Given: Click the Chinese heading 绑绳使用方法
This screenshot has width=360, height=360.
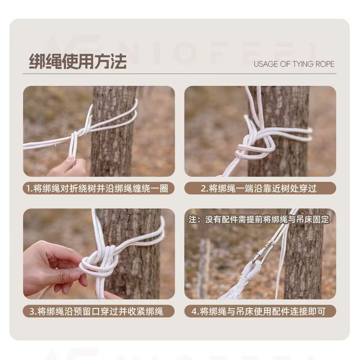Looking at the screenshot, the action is (x=78, y=62).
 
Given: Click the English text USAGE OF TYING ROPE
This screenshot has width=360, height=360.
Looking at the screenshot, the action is (x=294, y=64).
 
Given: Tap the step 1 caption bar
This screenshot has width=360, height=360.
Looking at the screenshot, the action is (x=99, y=188).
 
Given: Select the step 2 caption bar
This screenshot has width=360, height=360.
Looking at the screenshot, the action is (x=260, y=188).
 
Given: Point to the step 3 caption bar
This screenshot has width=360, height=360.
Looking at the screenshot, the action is (x=99, y=311).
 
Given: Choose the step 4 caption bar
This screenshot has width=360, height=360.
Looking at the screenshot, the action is (x=260, y=311).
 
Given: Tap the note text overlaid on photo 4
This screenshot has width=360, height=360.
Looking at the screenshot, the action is (x=259, y=219).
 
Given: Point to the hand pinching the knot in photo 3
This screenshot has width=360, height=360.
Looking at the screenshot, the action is (x=53, y=269).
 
